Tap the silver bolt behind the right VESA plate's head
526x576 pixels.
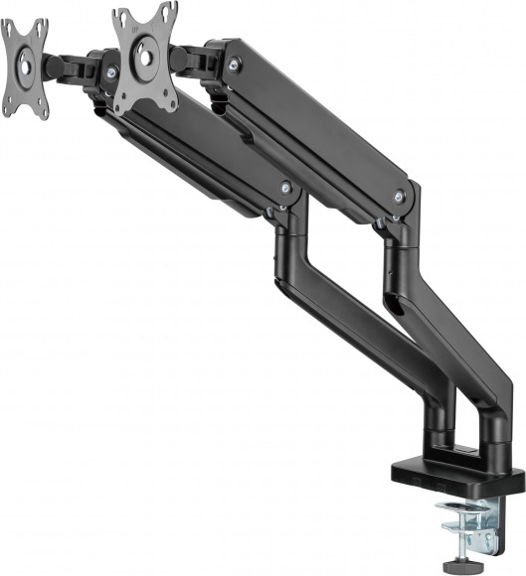point(233,64)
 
